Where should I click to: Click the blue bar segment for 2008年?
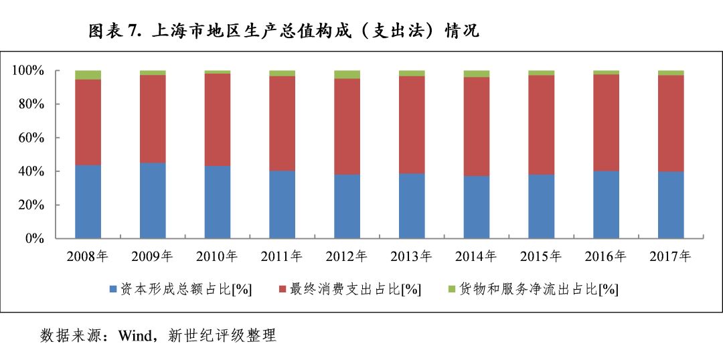point(88,201)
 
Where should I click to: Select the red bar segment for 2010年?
point(218,120)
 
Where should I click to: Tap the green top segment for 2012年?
point(347,74)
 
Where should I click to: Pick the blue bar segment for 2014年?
point(477,207)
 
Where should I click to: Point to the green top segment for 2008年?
point(88,75)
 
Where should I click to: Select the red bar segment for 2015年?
point(542,124)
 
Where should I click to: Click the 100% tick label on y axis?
point(28,71)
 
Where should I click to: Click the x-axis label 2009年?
point(153,256)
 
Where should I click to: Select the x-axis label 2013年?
point(412,256)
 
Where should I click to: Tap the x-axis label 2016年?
point(606,256)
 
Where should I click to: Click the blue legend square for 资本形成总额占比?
point(113,289)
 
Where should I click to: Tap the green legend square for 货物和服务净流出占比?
point(451,289)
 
